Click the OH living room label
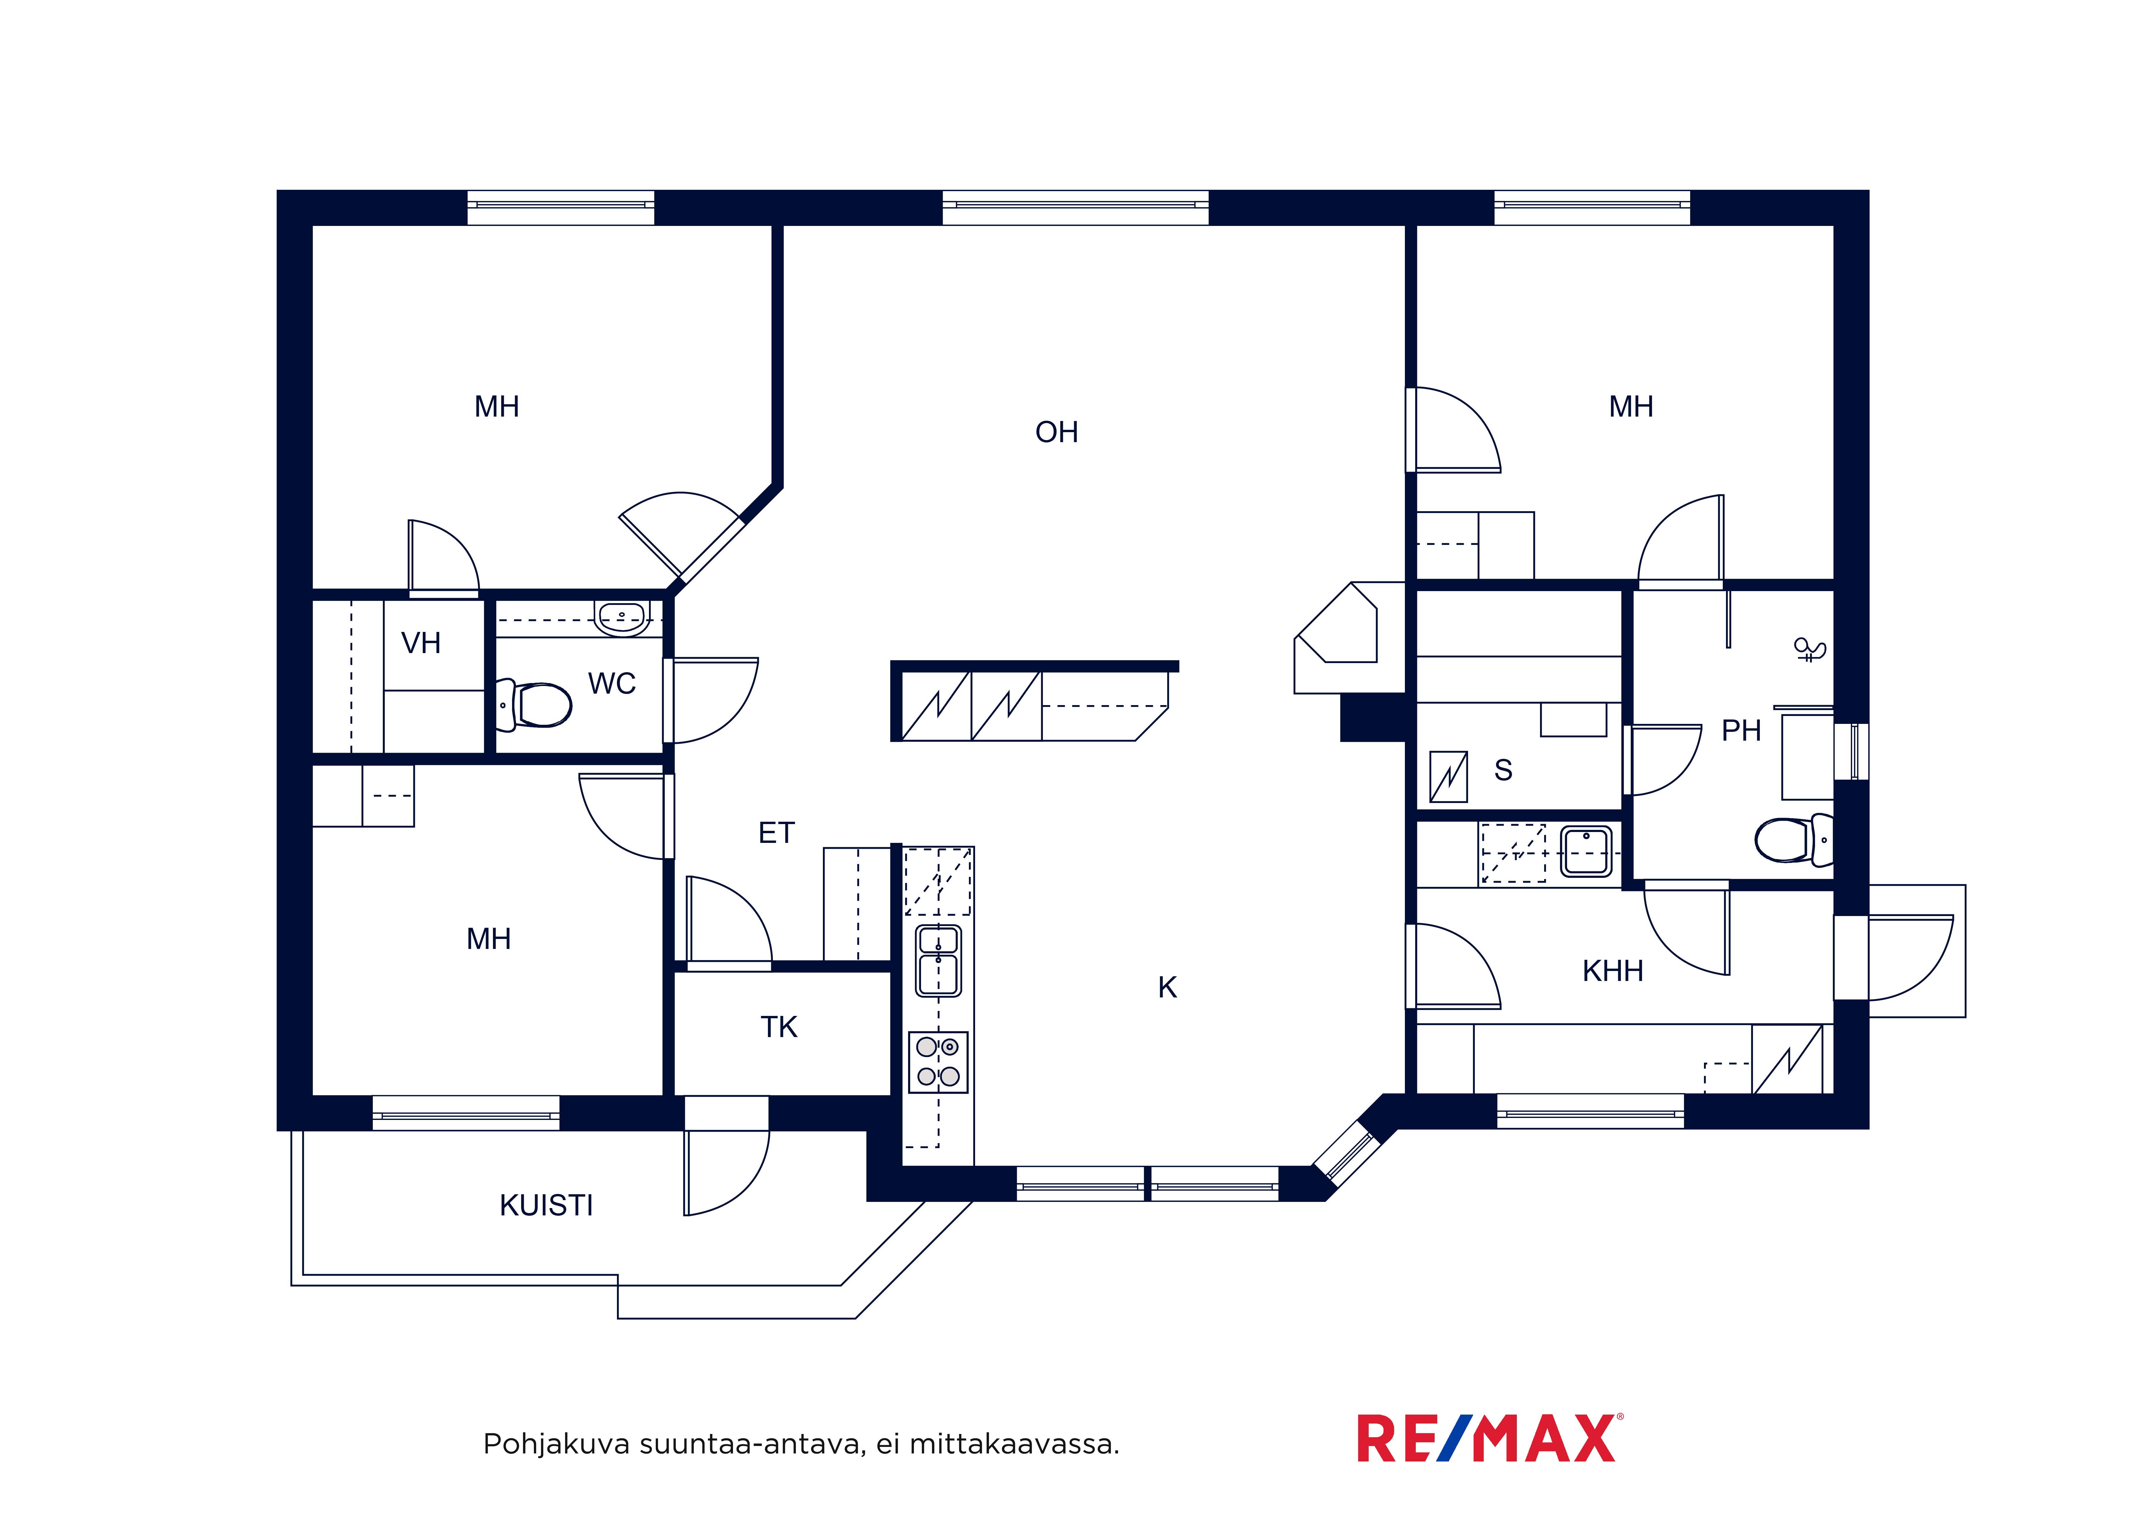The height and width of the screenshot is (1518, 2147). click(x=1057, y=432)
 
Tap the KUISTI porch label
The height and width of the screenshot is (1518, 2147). click(x=546, y=1206)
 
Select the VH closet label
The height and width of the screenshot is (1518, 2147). click(x=421, y=643)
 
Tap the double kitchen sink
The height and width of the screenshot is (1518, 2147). click(x=938, y=961)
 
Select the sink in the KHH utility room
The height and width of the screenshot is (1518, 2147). click(x=1586, y=851)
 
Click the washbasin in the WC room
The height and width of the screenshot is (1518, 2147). click(x=622, y=618)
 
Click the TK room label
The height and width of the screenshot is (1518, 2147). click(x=779, y=1027)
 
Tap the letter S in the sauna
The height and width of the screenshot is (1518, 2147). click(x=1503, y=770)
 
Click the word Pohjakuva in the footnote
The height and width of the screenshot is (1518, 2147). click(x=556, y=1445)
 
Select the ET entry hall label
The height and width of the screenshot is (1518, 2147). click(x=776, y=832)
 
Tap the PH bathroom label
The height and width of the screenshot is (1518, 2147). click(x=1741, y=730)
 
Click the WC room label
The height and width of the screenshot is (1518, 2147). click(x=612, y=684)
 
